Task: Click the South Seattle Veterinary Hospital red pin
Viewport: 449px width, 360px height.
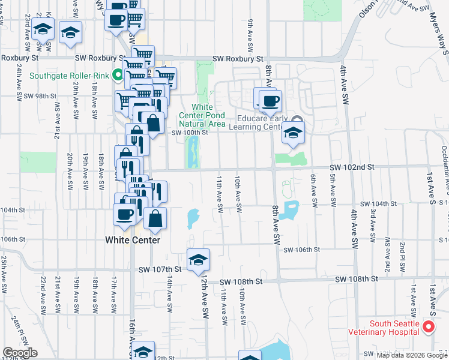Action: click(x=429, y=327)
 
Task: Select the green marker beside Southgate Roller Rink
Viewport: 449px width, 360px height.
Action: click(x=118, y=76)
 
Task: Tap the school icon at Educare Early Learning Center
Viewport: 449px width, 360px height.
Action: click(x=292, y=133)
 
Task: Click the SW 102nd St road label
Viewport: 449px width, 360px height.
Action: click(x=351, y=167)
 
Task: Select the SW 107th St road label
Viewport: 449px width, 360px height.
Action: click(x=158, y=269)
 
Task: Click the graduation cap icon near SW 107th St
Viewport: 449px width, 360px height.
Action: click(x=196, y=260)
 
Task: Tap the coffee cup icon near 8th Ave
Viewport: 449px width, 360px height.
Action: click(x=271, y=100)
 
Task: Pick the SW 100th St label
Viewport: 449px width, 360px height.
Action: click(x=190, y=133)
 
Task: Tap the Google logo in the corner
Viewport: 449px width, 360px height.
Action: click(x=20, y=353)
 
